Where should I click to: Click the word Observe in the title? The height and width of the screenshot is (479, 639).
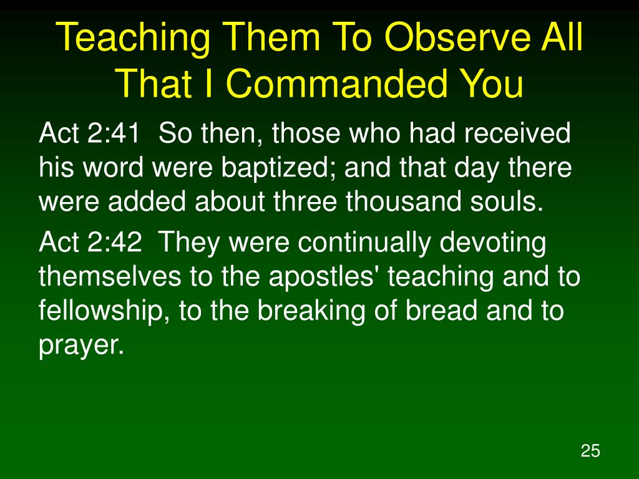457,37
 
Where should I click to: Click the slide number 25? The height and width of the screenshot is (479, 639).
590,450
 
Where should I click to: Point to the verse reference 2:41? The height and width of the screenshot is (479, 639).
114,133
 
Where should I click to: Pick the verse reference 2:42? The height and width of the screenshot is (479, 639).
114,241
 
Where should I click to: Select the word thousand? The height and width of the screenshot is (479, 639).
404,201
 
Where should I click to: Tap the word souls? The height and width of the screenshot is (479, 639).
507,201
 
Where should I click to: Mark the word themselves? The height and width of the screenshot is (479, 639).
110,276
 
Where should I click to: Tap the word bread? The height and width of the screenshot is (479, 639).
441,310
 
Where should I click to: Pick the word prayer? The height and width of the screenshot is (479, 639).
80,346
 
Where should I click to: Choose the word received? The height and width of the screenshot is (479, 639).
517,133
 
